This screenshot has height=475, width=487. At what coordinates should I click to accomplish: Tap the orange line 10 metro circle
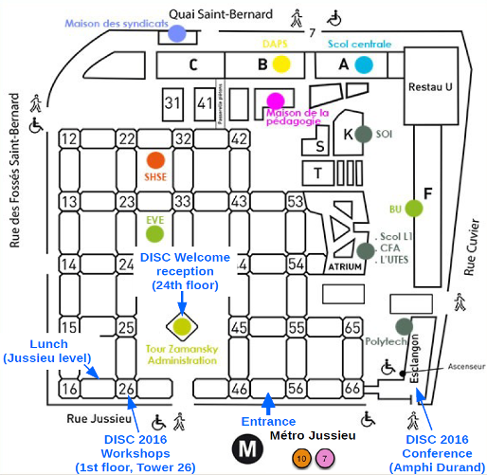click(x=301, y=459)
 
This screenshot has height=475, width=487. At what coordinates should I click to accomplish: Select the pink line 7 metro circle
click(x=325, y=459)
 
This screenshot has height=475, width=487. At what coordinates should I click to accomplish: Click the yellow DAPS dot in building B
click(x=280, y=64)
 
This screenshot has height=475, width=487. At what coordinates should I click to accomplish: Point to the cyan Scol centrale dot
click(x=364, y=64)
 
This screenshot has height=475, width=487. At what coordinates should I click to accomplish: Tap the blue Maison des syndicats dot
click(x=177, y=34)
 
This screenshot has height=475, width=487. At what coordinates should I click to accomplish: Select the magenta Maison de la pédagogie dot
click(x=275, y=100)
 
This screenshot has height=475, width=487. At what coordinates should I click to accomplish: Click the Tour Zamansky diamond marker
click(x=183, y=327)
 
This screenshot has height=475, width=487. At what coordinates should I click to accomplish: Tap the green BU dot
click(x=412, y=208)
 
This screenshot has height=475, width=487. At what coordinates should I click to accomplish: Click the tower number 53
click(x=296, y=201)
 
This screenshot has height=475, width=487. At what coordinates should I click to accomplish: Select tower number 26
click(x=126, y=389)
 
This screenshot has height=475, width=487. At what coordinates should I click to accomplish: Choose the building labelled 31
click(x=172, y=102)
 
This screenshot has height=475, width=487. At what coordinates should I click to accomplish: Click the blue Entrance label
click(x=269, y=421)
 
